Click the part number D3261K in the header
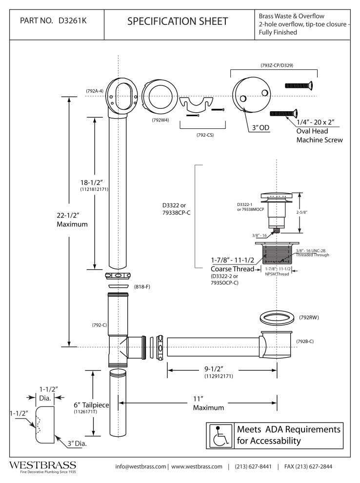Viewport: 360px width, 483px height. tap(74, 21)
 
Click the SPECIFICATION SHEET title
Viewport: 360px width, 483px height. tap(177, 21)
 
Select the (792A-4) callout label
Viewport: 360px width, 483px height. tap(94, 91)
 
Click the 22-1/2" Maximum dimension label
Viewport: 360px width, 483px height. tap(72, 220)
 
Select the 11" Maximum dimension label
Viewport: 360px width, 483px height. tap(208, 402)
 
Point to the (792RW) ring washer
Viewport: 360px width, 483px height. tap(275, 318)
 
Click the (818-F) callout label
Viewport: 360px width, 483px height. tap(141, 286)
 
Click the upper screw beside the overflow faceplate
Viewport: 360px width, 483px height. tap(299, 86)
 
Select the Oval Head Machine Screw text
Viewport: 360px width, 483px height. tap(320, 136)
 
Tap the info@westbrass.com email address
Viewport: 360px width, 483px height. tap(141, 466)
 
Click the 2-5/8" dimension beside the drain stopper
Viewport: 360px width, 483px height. tap(308, 213)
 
